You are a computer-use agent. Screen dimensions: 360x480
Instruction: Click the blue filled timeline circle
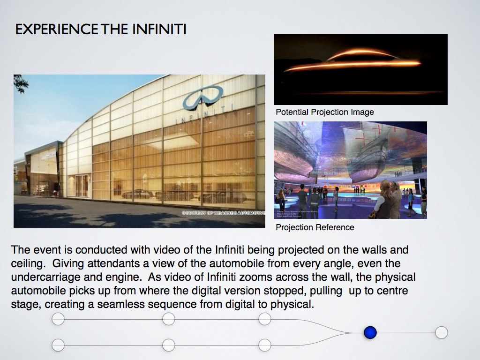click(x=370, y=333)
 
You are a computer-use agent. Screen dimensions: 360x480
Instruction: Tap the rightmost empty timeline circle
click(x=441, y=333)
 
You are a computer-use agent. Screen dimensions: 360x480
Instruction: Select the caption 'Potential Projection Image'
click(x=324, y=112)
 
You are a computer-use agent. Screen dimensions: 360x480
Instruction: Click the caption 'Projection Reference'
click(x=315, y=227)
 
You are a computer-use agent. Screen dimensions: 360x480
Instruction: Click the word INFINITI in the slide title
click(x=159, y=30)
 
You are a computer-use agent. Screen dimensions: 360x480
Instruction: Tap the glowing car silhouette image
click(x=360, y=69)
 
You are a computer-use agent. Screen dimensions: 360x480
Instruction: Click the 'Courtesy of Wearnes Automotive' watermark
click(x=223, y=213)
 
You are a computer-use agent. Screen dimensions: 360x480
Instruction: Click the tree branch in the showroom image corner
click(x=21, y=83)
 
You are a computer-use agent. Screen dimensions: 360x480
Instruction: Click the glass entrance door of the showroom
click(x=82, y=186)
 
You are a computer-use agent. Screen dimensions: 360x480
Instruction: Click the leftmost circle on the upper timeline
click(x=58, y=320)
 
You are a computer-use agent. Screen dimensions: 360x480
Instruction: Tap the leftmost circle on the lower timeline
click(x=58, y=345)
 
